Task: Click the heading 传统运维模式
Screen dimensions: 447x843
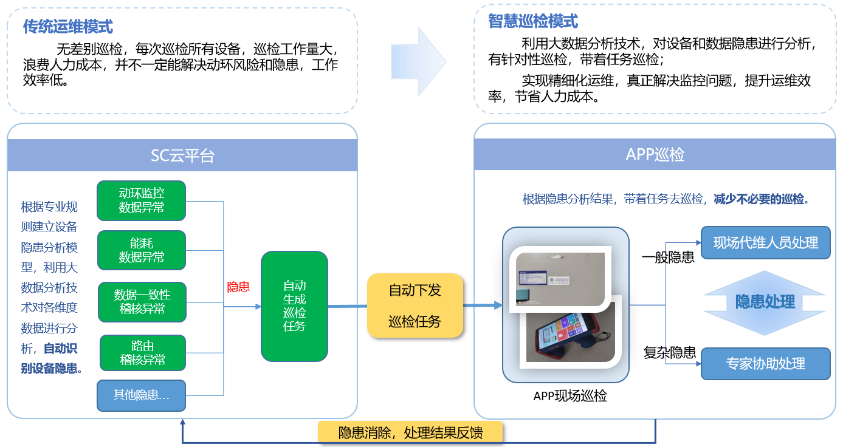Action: [67, 27]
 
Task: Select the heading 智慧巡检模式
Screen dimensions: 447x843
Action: [533, 22]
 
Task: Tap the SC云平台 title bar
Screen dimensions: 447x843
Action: [182, 155]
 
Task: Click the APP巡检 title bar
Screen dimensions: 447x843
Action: [655, 155]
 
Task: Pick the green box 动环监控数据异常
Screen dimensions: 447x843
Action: [141, 200]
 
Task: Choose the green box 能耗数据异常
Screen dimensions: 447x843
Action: [141, 250]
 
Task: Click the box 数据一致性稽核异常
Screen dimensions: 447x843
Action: [142, 302]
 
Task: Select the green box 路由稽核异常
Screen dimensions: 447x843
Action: [142, 353]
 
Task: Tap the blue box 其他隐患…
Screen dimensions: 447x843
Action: [141, 395]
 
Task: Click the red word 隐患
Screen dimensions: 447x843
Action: [238, 287]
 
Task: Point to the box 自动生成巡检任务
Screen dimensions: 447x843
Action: [294, 306]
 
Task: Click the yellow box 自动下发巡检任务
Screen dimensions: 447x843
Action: [415, 306]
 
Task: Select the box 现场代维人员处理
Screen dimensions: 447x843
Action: [765, 243]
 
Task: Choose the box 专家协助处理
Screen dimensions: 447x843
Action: [765, 364]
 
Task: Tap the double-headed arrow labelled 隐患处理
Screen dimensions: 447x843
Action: [765, 302]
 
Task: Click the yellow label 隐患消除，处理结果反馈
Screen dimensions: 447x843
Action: [411, 433]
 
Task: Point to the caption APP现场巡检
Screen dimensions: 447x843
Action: [570, 397]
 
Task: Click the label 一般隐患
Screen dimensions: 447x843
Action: [668, 258]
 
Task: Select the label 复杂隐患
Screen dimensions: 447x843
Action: [669, 352]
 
